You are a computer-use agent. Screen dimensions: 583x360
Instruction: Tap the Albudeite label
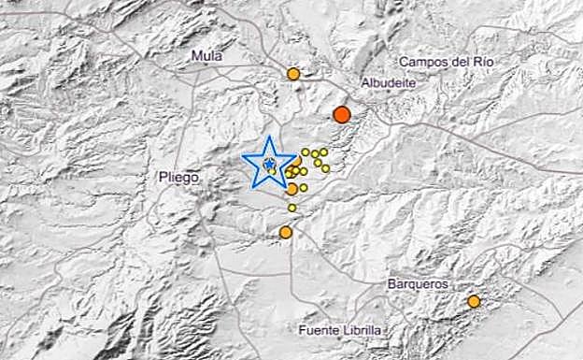388,82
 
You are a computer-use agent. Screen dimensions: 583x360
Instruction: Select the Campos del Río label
446,62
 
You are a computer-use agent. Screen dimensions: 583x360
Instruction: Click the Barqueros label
417,283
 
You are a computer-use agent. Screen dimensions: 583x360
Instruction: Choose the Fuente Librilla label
341,330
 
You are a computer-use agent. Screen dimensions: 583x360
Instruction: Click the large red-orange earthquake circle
342,114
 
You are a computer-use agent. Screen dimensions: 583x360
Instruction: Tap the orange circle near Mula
293,73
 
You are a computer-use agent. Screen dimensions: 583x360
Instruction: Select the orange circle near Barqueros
474,301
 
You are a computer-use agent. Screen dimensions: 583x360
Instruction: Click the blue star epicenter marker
268,166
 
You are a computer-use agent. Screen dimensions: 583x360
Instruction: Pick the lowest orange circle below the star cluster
286,232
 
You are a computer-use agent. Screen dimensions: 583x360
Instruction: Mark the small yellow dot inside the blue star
269,165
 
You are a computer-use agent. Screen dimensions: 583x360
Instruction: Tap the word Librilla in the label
360,330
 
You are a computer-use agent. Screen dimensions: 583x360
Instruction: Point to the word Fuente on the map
319,330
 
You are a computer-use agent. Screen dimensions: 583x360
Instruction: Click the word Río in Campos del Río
482,62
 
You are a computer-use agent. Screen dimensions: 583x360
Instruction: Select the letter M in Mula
194,56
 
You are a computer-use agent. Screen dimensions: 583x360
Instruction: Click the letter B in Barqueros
389,283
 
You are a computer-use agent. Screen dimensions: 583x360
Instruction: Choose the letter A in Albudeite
365,82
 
